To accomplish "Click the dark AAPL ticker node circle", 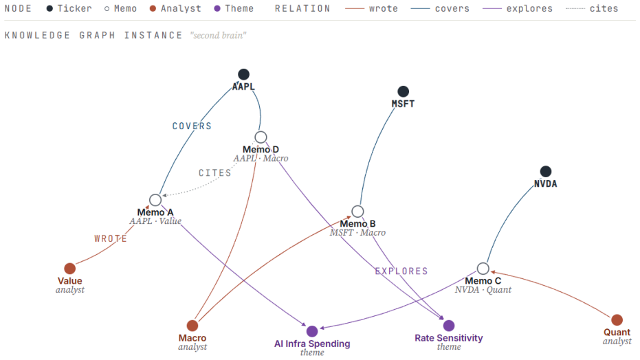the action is (x=243, y=74).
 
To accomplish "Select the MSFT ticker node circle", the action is (x=404, y=91).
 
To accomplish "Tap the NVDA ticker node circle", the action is (x=546, y=171).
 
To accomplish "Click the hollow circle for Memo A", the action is (x=155, y=200).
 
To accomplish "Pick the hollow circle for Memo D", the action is (x=261, y=137).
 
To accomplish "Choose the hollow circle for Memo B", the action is (x=357, y=211).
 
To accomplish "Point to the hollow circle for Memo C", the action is (x=483, y=268).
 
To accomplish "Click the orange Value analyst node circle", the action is (x=70, y=268).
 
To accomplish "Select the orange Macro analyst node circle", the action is (x=192, y=326).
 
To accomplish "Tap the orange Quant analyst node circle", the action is (x=617, y=319).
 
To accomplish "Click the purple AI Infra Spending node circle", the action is (x=312, y=331).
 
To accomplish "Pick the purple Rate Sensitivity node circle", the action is (x=449, y=326).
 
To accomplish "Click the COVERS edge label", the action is (x=192, y=126).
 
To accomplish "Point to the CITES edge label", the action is (x=214, y=173).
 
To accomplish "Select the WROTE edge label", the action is (x=111, y=238).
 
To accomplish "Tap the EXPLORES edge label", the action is (x=401, y=271).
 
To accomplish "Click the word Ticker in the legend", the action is (x=75, y=8).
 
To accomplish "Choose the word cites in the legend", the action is (x=604, y=8).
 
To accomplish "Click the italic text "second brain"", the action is (x=218, y=36).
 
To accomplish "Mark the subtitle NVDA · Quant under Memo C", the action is (x=483, y=289).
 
